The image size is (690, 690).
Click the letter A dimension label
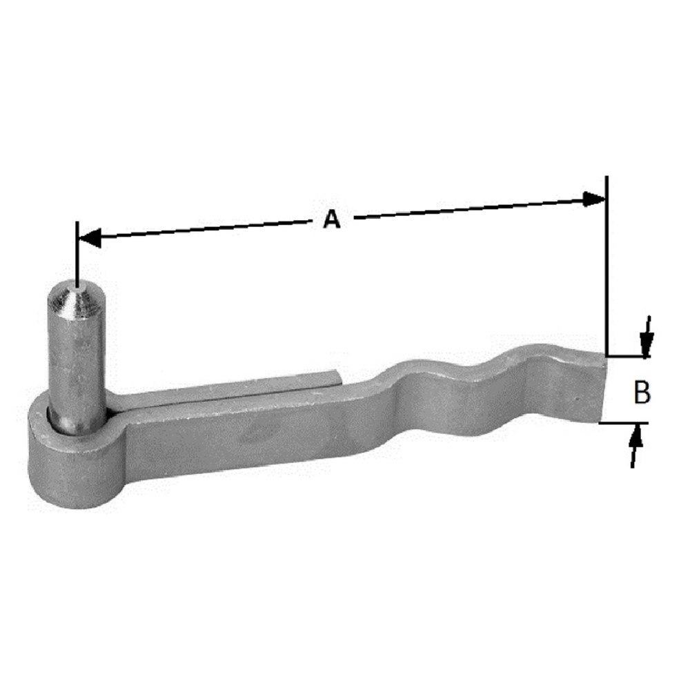point(333,219)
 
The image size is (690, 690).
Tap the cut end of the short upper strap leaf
point(337,376)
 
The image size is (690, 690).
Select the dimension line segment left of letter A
point(207,230)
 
